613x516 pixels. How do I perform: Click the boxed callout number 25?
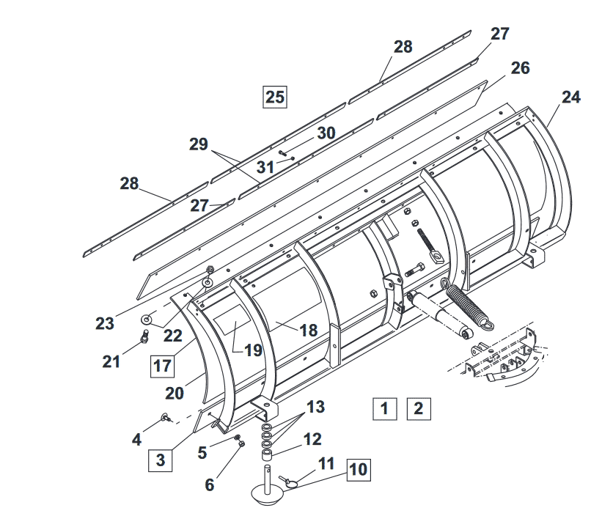(x=275, y=97)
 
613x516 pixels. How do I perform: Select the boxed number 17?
(x=163, y=366)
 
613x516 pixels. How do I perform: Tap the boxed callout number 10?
(x=359, y=470)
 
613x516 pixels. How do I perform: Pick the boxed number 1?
(x=385, y=409)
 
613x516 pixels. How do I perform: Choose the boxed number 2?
(x=419, y=409)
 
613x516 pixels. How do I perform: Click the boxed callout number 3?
(x=161, y=460)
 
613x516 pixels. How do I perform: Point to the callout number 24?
(x=571, y=97)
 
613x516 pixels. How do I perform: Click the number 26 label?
(x=521, y=68)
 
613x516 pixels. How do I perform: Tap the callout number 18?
(x=309, y=331)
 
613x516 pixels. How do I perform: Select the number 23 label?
(x=105, y=324)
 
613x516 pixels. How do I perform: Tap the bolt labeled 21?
(x=144, y=336)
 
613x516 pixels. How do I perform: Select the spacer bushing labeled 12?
(x=267, y=455)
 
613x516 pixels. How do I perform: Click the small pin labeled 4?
(x=166, y=418)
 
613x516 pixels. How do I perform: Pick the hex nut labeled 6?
(x=241, y=443)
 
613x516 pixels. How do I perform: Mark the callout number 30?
(x=326, y=133)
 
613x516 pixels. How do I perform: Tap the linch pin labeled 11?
(x=287, y=482)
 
